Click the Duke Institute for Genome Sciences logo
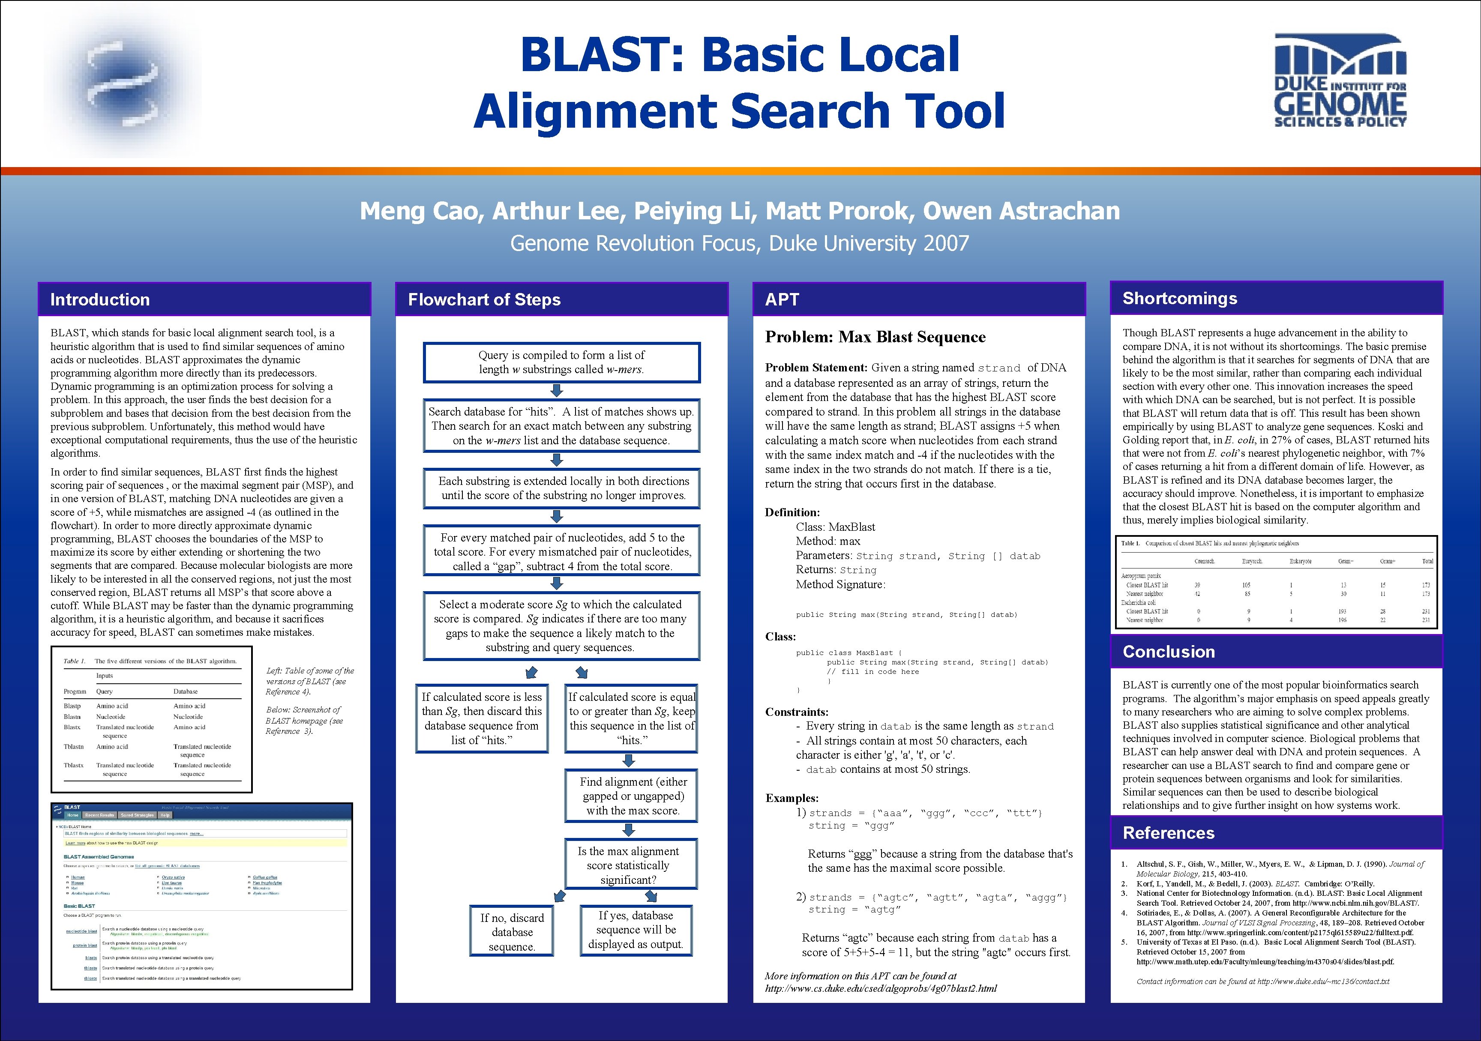(1340, 80)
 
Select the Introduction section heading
(100, 299)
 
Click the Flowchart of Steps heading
(484, 299)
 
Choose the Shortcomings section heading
(1180, 298)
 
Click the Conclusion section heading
(1169, 652)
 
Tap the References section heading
(1168, 833)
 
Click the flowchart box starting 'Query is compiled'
(561, 362)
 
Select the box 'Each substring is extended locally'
(561, 488)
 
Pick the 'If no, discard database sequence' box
(512, 931)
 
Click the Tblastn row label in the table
(74, 746)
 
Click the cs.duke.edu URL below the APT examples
(881, 988)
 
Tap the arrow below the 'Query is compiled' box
(558, 390)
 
